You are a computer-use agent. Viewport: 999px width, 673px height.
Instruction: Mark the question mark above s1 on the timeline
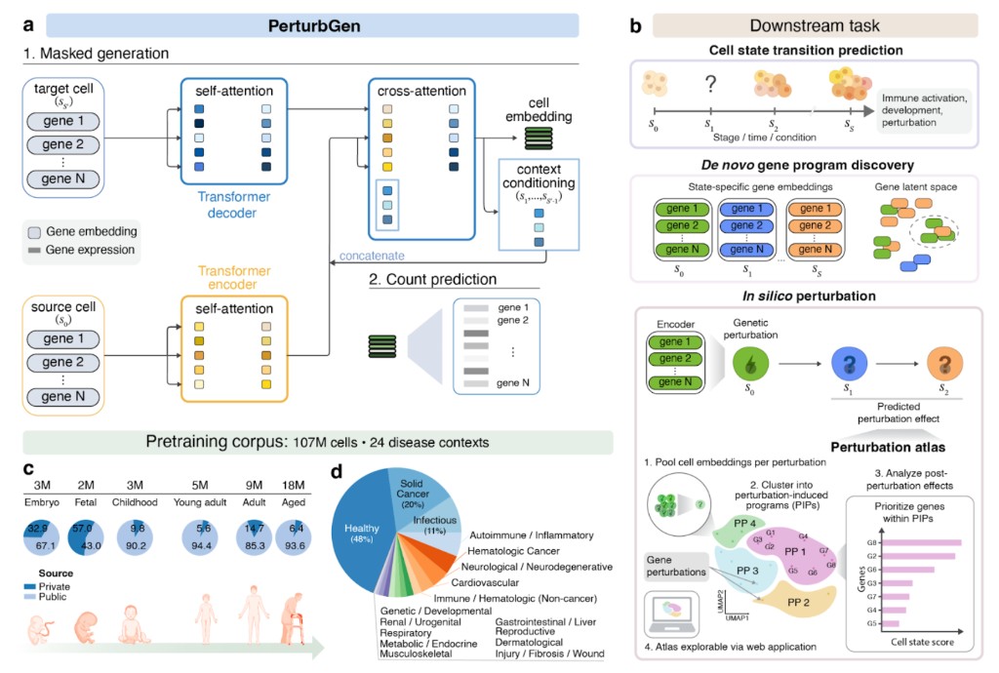[711, 85]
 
